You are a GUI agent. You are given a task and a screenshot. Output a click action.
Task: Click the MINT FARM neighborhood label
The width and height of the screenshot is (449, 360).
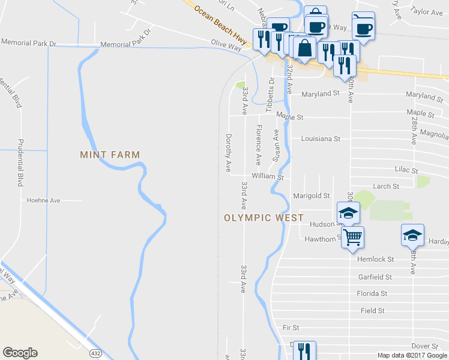point(110,155)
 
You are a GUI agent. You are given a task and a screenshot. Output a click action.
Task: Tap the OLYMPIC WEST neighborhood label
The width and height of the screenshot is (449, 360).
point(264,218)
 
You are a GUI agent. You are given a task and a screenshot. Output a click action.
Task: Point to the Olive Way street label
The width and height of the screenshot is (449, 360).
point(226,43)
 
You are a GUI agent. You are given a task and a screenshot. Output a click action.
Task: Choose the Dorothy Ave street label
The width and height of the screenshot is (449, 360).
point(228,153)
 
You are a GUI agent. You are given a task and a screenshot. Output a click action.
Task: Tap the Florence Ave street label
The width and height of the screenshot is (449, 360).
point(259,145)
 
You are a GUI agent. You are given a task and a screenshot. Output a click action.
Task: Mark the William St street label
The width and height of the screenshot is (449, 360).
point(267,177)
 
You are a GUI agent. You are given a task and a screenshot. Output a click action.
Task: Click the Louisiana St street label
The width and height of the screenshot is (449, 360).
point(321,139)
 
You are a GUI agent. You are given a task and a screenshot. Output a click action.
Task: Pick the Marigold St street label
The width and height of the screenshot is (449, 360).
point(311,196)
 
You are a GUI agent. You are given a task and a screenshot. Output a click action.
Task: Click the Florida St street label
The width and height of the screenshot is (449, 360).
point(372,294)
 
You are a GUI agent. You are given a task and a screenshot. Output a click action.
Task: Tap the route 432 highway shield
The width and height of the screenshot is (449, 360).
point(95,353)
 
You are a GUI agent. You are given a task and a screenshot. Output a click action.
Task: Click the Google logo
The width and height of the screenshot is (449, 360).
point(20,353)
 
